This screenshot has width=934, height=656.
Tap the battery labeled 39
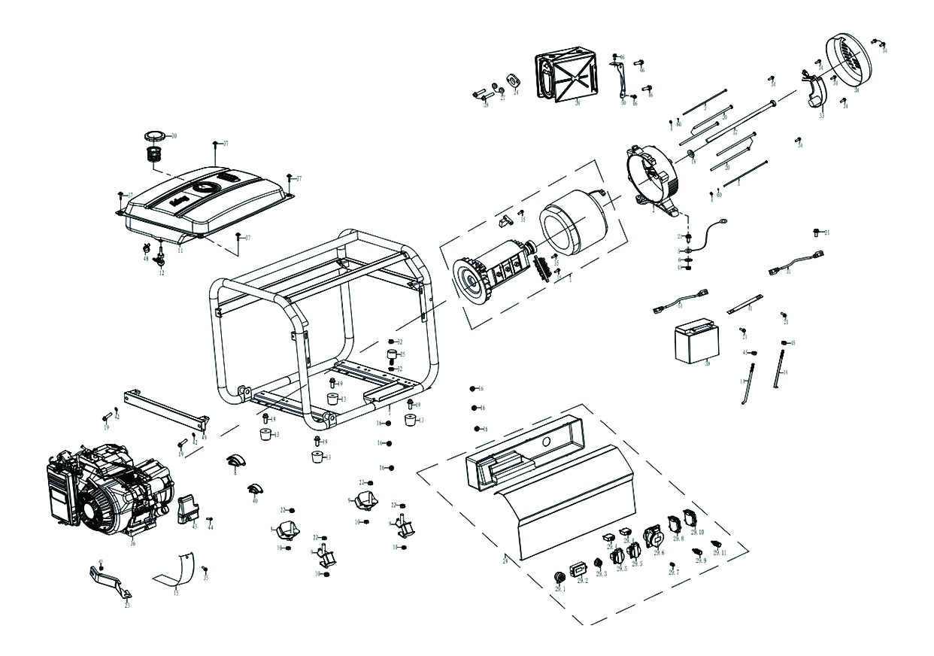tap(695, 340)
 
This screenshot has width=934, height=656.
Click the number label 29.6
tap(660, 553)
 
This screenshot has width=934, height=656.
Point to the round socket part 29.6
tap(651, 536)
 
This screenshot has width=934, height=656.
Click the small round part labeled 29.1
tap(559, 576)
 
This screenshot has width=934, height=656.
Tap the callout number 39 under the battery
tap(707, 364)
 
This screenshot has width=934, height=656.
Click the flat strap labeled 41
tap(744, 302)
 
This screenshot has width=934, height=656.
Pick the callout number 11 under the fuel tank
tap(180, 250)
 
